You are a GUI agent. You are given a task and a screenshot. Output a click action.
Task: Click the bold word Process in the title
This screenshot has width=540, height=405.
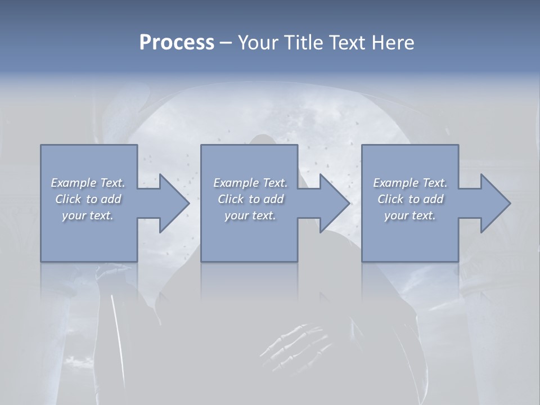(177, 43)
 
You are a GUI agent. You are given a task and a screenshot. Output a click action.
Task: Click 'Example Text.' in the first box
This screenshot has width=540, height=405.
(88, 183)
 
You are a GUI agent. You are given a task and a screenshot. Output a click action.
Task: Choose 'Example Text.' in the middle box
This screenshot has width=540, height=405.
(250, 183)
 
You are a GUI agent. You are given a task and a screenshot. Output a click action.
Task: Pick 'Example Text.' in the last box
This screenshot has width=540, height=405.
(410, 183)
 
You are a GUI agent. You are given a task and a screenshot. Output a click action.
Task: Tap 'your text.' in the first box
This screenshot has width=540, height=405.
(88, 215)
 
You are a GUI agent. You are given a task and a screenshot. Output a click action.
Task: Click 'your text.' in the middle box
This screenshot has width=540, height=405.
(250, 215)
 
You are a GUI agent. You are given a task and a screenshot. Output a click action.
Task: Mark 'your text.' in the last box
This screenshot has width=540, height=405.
(410, 215)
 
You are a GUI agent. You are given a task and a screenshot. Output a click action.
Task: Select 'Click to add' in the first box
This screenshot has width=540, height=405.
(88, 199)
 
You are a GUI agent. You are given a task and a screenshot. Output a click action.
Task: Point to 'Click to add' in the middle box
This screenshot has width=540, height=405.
(250, 199)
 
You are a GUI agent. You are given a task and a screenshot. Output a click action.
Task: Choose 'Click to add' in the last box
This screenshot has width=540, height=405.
(410, 199)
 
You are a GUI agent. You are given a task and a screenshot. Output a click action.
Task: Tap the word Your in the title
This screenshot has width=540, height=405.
(257, 43)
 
